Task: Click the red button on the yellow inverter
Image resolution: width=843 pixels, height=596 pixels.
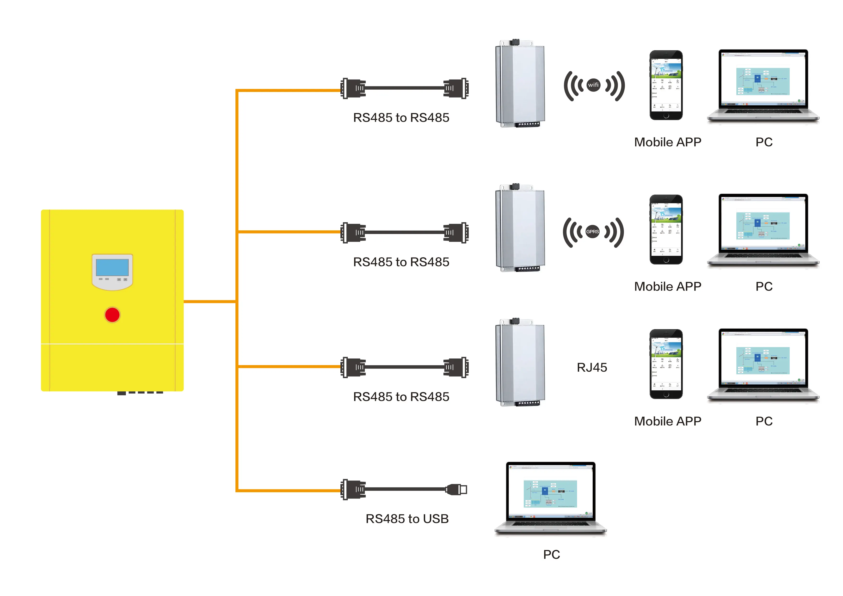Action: click(x=112, y=315)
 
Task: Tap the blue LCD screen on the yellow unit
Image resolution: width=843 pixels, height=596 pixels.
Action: click(x=112, y=267)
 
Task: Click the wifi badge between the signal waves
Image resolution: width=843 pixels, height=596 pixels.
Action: click(x=593, y=85)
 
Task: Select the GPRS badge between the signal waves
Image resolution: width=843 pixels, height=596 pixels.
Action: click(x=592, y=232)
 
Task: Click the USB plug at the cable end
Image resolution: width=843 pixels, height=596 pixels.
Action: click(x=457, y=490)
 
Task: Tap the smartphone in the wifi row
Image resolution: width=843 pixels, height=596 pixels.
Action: click(x=666, y=85)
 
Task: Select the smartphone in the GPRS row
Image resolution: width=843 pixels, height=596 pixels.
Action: click(x=666, y=229)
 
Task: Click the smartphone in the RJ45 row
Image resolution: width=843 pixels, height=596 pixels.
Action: click(x=666, y=364)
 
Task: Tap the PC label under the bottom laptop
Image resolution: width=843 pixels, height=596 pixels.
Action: click(x=552, y=554)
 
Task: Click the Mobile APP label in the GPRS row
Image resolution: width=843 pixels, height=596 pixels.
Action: click(x=667, y=286)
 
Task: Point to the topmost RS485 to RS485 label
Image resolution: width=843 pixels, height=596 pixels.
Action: click(x=401, y=117)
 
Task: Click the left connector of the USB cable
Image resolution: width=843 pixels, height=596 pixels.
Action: click(x=353, y=490)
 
